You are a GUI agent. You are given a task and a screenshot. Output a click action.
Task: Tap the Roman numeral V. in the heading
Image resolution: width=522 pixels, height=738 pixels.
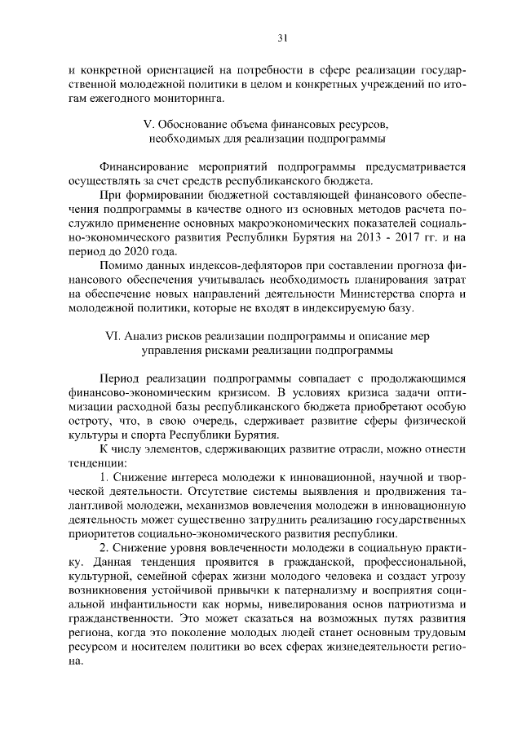pyautogui.click(x=147, y=126)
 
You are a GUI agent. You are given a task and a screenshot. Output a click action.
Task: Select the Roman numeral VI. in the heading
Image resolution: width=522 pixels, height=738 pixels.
pyautogui.click(x=114, y=336)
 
